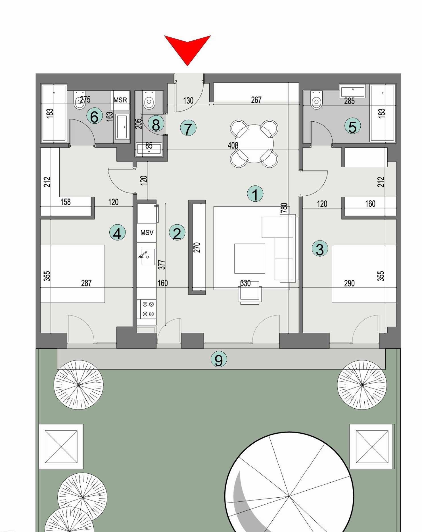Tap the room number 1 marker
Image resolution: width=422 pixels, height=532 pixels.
coord(255,194)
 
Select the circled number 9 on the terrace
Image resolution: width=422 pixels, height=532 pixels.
coord(219,360)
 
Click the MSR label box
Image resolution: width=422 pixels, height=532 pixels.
coord(120,100)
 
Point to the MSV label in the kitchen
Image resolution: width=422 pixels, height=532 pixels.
coord(147,233)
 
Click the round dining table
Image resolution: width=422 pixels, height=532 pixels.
coord(254,144)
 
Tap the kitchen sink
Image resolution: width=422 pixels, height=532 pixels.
coord(148,257)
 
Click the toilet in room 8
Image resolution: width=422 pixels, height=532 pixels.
coord(149,101)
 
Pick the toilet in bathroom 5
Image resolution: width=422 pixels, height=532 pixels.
coord(316,101)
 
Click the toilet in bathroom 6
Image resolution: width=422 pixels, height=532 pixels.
coord(80,102)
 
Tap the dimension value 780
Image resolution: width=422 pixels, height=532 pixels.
coord(284,208)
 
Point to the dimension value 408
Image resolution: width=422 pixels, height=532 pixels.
coord(233,145)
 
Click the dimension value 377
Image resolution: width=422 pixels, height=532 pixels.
coord(162,265)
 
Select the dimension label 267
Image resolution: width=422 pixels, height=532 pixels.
coord(256,100)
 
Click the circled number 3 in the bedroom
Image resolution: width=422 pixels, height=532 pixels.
coord(320,249)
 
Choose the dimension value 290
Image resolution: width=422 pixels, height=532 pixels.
coord(349,283)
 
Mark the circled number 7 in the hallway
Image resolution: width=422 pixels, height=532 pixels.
coord(188,128)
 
